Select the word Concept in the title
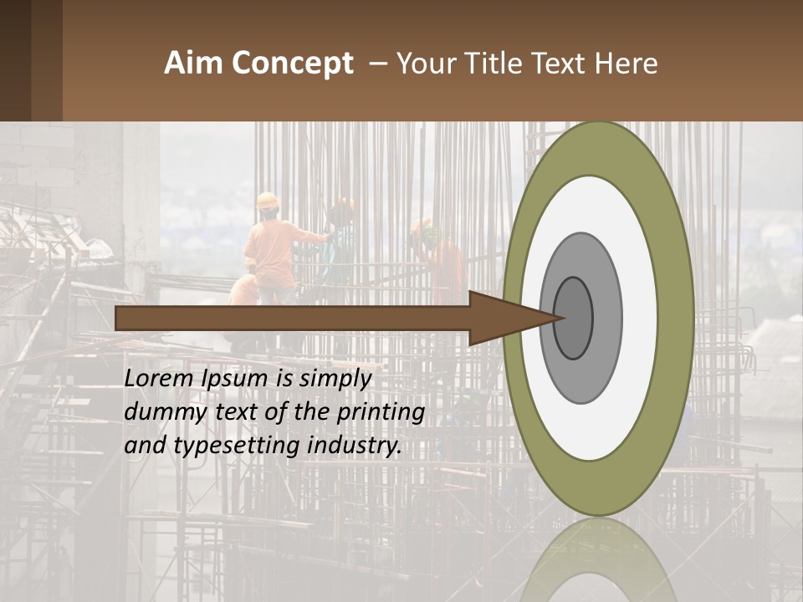pos(292,64)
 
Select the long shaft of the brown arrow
pos(293,318)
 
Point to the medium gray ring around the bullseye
pos(608,318)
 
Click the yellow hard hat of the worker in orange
pos(267,201)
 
